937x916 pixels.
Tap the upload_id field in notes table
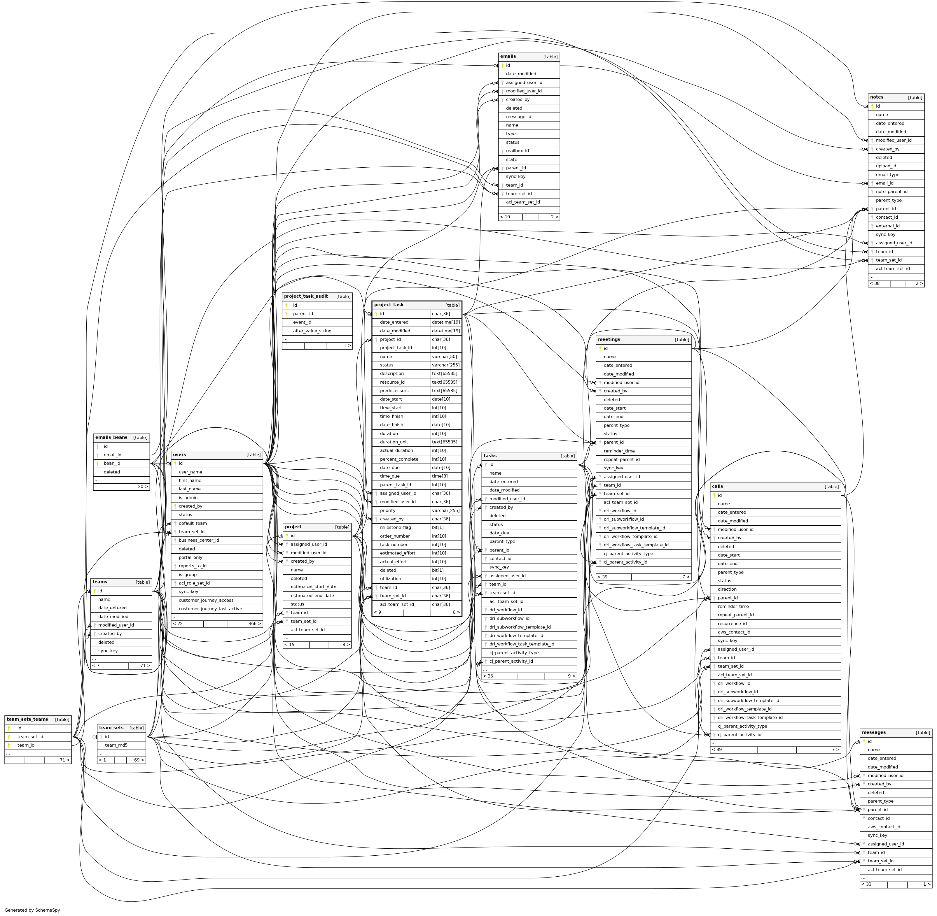point(886,166)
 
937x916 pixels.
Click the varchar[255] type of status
point(445,365)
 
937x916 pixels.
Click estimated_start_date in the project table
point(314,587)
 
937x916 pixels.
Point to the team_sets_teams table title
point(27,719)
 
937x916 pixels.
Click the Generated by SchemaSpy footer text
point(32,910)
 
